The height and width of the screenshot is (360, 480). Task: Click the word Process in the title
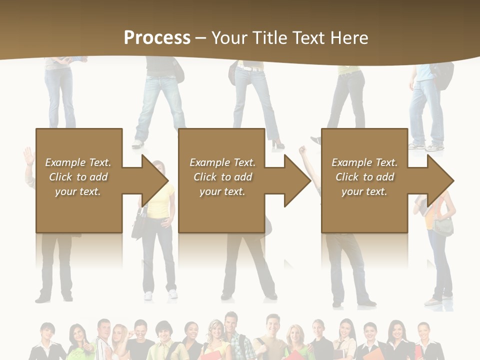click(x=157, y=38)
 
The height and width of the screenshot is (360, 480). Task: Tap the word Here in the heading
click(x=350, y=38)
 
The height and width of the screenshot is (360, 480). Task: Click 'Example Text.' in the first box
click(x=78, y=162)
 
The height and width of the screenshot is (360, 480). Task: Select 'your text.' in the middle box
click(x=222, y=191)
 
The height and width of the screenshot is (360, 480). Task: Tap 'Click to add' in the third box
click(x=364, y=177)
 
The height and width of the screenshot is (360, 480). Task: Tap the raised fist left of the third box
click(x=302, y=149)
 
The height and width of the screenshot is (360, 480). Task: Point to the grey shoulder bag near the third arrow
click(x=443, y=226)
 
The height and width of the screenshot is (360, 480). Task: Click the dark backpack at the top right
click(x=442, y=75)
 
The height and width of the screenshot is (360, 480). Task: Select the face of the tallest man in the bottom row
click(x=230, y=321)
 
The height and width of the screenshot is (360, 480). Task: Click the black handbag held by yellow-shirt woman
click(x=138, y=226)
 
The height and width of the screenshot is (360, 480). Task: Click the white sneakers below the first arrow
click(x=160, y=294)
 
